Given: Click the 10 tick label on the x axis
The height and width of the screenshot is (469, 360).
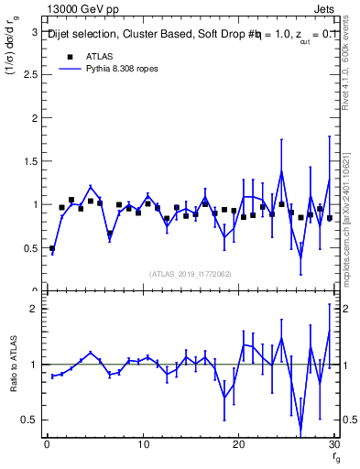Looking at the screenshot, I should [142, 445].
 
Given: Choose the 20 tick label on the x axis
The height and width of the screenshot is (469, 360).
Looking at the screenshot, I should [238, 445].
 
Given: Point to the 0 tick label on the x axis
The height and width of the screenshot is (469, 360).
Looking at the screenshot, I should [47, 445].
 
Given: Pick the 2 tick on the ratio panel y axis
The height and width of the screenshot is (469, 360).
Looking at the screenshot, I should [34, 309].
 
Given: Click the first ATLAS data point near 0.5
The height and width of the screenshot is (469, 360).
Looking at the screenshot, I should [52, 248].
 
